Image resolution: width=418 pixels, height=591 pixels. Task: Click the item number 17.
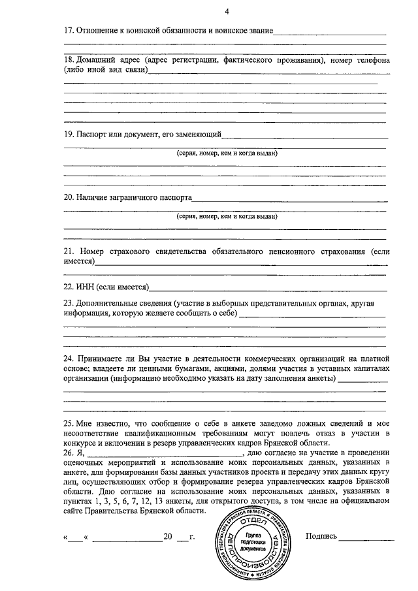click(68, 31)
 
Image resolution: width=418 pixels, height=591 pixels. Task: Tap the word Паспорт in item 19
click(93, 135)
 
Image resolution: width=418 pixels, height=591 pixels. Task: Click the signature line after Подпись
click(366, 539)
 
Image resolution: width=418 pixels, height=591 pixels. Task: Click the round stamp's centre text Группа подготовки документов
click(249, 539)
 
